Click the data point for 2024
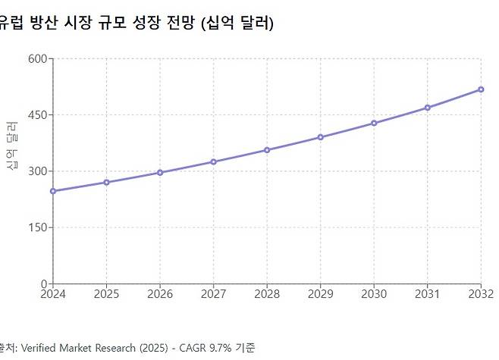[53, 191]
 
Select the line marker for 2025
[107, 182]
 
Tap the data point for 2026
[160, 173]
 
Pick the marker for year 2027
[214, 161]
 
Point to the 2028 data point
[267, 150]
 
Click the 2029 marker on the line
[321, 137]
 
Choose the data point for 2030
[374, 123]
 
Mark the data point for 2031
[428, 108]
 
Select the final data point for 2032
[481, 89]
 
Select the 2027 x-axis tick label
[214, 294]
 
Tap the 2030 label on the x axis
[374, 294]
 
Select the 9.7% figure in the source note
[219, 348]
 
